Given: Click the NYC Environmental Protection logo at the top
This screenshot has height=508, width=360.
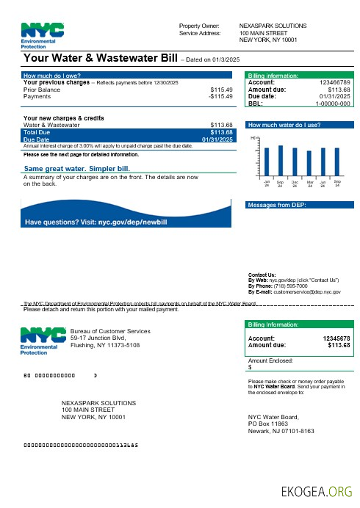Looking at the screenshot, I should pyautogui.click(x=43, y=35).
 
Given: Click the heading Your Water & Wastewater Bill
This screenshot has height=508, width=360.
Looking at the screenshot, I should pyautogui.click(x=102, y=58).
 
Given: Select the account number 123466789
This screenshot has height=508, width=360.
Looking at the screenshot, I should pyautogui.click(x=331, y=82).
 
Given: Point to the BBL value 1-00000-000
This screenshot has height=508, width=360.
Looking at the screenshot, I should pyautogui.click(x=333, y=104).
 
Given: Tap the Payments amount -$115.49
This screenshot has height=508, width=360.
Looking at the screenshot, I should pyautogui.click(x=220, y=96).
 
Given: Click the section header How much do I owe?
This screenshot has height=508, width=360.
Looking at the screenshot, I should pyautogui.click(x=52, y=76).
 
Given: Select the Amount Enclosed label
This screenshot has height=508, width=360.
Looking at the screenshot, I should pyautogui.click(x=270, y=360).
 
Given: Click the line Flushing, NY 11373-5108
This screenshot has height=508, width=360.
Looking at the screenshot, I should pyautogui.click(x=105, y=344).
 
